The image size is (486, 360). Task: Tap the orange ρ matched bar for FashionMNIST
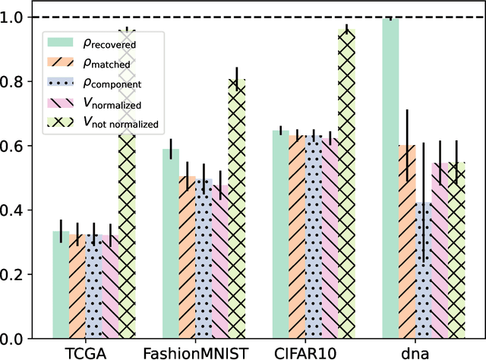pyautogui.click(x=187, y=257)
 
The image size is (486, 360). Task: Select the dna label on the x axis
pyautogui.click(x=415, y=352)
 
